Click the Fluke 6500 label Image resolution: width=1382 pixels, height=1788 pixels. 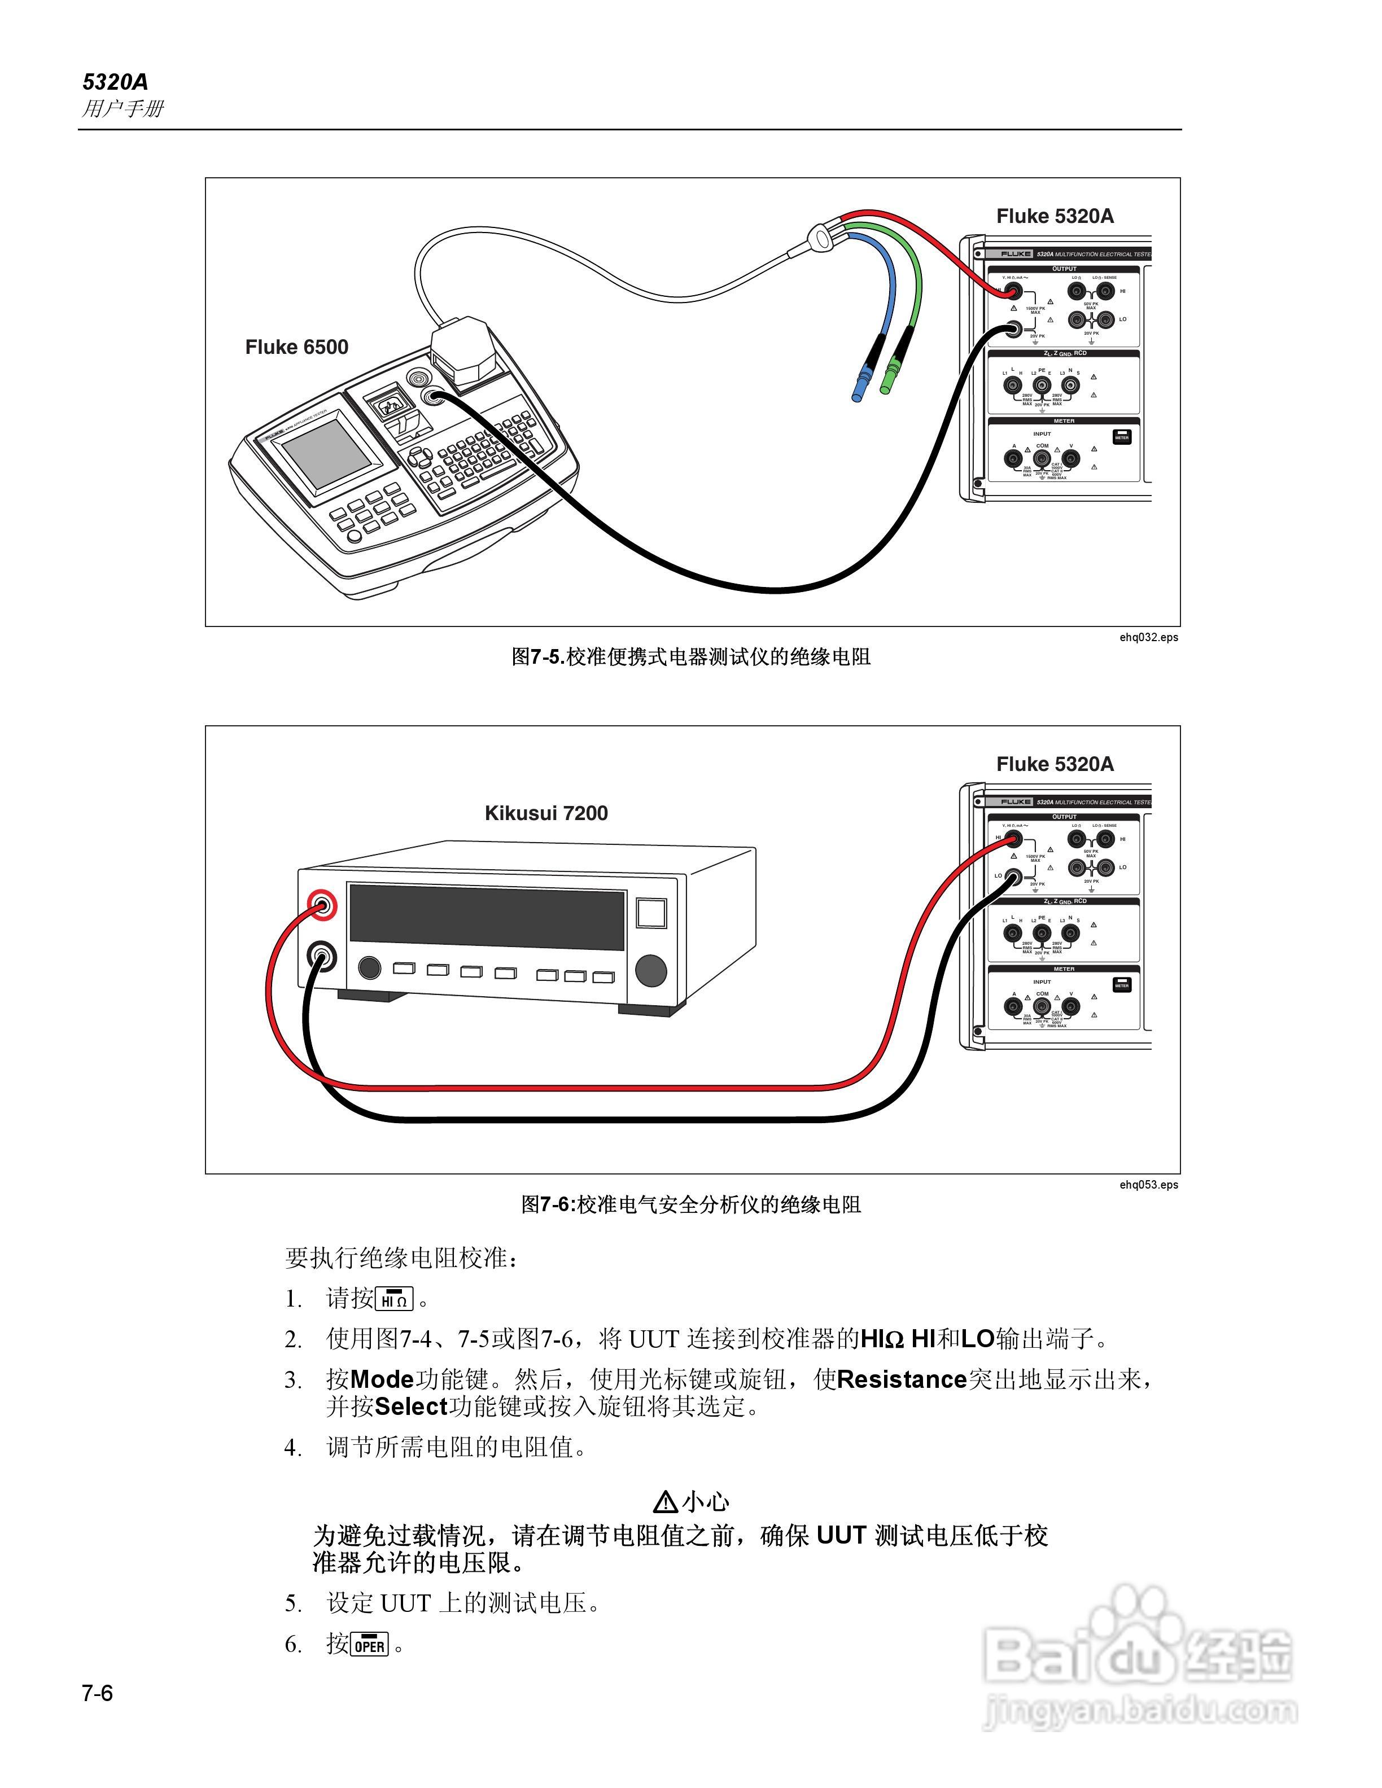pyautogui.click(x=296, y=347)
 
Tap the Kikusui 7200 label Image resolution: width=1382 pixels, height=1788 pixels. pyautogui.click(x=546, y=813)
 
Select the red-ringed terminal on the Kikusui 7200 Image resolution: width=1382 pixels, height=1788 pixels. pyautogui.click(x=322, y=905)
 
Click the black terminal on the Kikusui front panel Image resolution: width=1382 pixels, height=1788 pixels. pyautogui.click(x=322, y=956)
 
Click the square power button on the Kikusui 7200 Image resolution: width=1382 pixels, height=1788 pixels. pyautogui.click(x=651, y=913)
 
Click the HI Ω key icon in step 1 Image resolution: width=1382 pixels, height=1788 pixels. pyautogui.click(x=395, y=1299)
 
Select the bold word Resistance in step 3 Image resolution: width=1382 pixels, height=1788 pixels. pyautogui.click(x=902, y=1379)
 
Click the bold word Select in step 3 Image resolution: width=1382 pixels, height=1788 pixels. pyautogui.click(x=411, y=1406)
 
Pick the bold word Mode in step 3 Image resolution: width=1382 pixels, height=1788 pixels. pyautogui.click(x=382, y=1379)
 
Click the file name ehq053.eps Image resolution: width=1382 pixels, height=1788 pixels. pyautogui.click(x=1149, y=1185)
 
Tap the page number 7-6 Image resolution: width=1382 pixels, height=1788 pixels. pyautogui.click(x=98, y=1693)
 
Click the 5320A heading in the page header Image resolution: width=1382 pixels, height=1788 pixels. pyautogui.click(x=115, y=82)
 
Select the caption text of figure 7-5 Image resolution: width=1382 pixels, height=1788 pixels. pyautogui.click(x=691, y=656)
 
